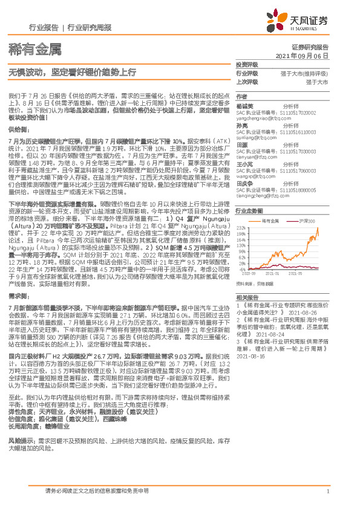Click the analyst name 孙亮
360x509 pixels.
point(242,125)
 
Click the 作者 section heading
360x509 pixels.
point(241,97)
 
